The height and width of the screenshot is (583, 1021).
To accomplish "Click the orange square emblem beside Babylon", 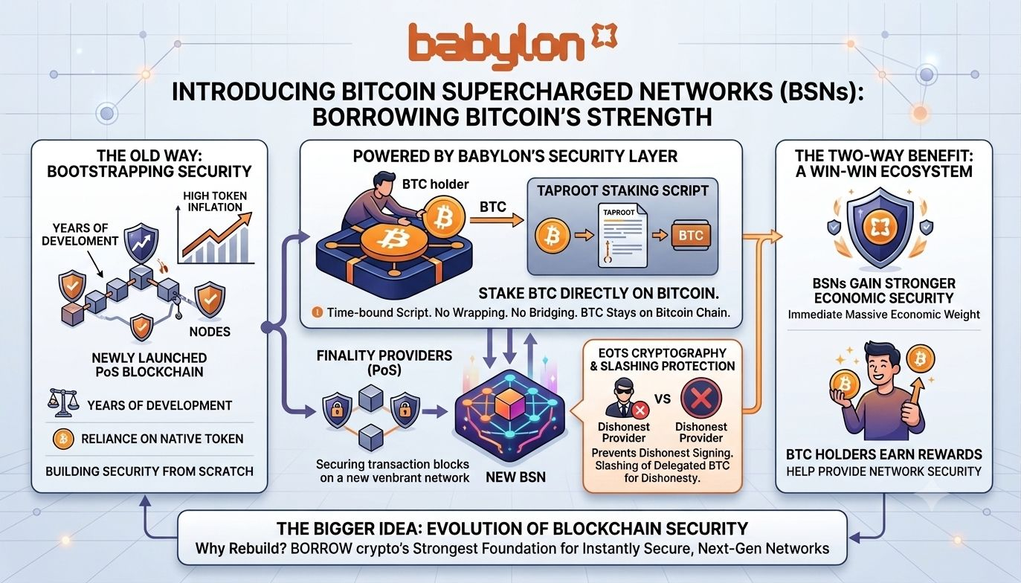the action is tap(604, 36).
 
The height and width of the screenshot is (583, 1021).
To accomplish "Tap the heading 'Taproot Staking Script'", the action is tap(622, 190).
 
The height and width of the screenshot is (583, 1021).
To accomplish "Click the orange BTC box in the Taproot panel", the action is tap(691, 236).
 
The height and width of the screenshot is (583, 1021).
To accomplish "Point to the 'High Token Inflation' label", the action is tap(215, 202).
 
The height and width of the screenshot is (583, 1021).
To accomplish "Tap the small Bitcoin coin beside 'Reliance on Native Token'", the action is tap(63, 439).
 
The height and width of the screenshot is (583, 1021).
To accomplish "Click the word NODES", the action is tap(210, 332).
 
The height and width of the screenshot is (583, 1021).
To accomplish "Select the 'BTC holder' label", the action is tap(435, 184).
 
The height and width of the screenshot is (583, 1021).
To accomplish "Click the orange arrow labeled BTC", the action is tap(497, 221).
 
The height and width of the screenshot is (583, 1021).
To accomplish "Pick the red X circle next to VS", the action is tap(700, 399).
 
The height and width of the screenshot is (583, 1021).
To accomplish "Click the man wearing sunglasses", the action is tap(622, 398).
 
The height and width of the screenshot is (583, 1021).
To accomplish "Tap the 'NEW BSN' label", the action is tap(515, 477).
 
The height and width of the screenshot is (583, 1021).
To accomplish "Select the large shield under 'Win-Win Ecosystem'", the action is tap(880, 228).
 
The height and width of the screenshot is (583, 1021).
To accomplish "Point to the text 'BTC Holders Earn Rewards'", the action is tap(884, 454).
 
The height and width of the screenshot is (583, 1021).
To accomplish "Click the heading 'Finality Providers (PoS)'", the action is tap(384, 362).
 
